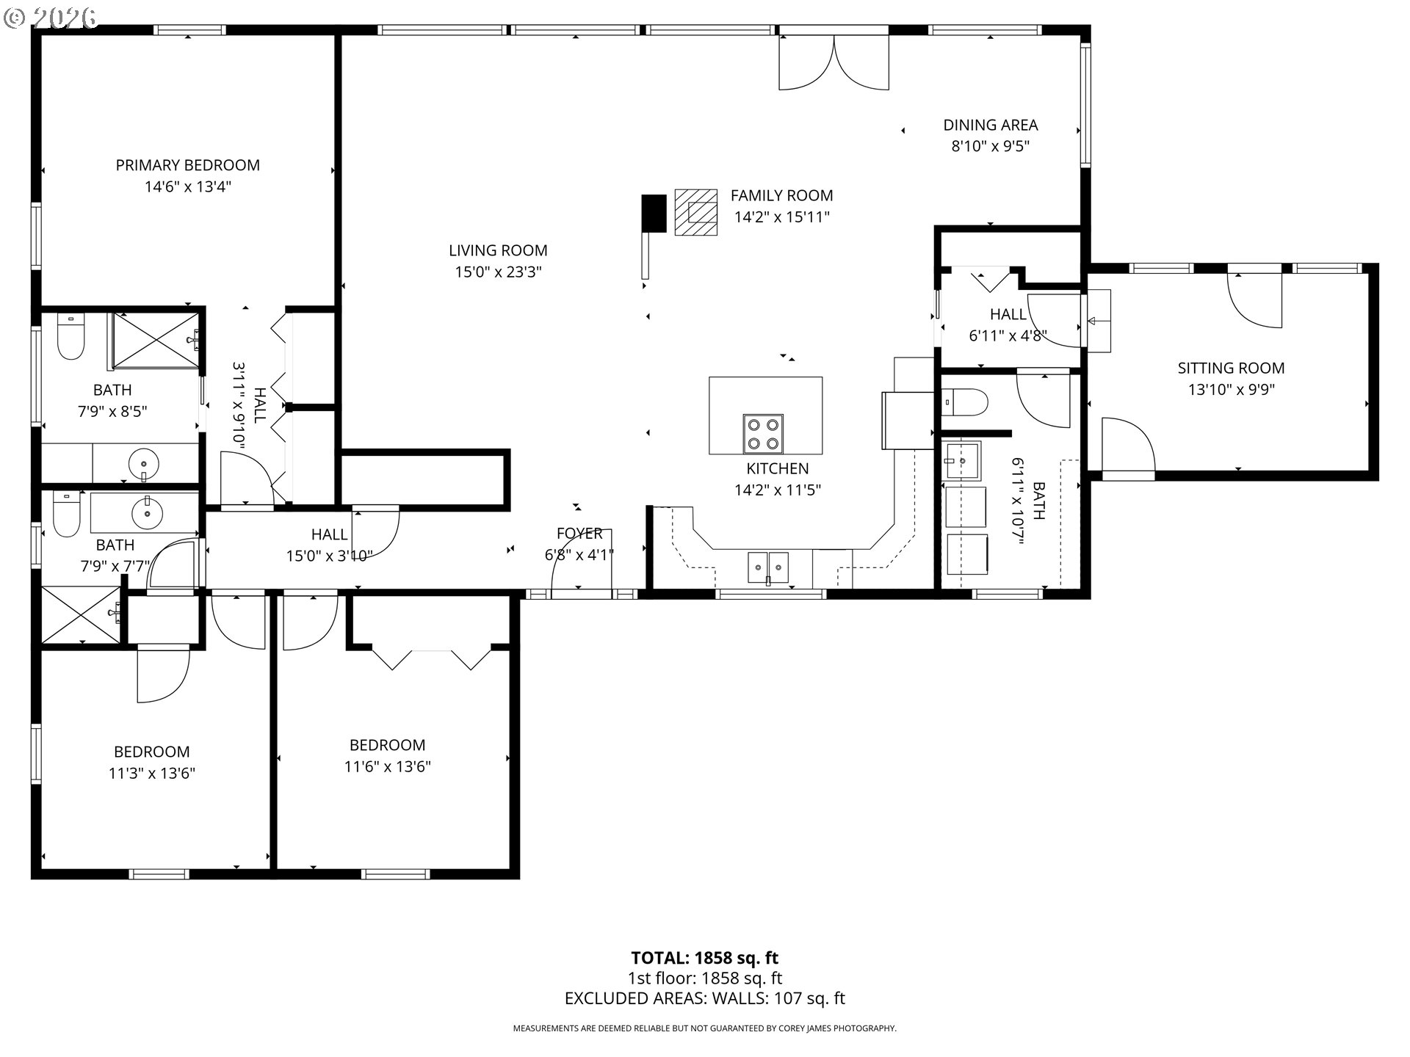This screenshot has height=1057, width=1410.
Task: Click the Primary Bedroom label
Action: click(187, 165)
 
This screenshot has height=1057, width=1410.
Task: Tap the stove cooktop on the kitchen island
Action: click(762, 434)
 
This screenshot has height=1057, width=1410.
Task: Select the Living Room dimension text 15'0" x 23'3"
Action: click(498, 272)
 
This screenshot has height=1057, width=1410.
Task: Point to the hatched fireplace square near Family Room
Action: click(696, 212)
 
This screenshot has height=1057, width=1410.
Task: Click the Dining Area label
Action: click(990, 125)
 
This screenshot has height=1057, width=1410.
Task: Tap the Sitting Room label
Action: click(1231, 368)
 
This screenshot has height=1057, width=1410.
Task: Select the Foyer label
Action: click(579, 534)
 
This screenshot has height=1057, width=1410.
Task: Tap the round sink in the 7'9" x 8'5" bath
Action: click(143, 464)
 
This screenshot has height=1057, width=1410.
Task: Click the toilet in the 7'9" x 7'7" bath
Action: click(66, 514)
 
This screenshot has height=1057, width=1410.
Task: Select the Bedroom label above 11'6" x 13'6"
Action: click(387, 745)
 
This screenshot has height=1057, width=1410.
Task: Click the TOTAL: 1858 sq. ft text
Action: click(704, 958)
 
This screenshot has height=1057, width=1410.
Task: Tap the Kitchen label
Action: click(777, 468)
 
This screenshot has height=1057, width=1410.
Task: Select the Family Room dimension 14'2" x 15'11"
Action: click(781, 217)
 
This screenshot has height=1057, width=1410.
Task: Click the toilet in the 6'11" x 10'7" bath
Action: click(965, 402)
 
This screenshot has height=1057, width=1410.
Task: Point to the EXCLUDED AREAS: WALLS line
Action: click(704, 998)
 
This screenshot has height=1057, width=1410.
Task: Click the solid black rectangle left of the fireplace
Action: click(654, 214)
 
